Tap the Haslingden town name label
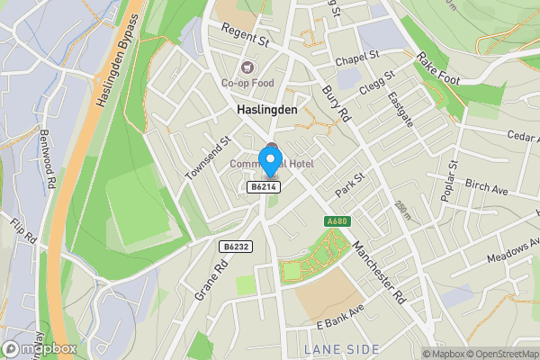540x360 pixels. click(266, 109)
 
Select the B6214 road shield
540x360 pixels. click(263, 186)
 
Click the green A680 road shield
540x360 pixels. click(337, 221)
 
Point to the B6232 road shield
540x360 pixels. click(234, 245)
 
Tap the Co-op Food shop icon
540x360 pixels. click(247, 67)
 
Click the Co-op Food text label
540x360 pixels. click(247, 84)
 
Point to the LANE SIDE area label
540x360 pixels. click(341, 348)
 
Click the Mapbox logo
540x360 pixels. click(39, 347)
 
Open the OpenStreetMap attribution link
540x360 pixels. click(499, 354)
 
